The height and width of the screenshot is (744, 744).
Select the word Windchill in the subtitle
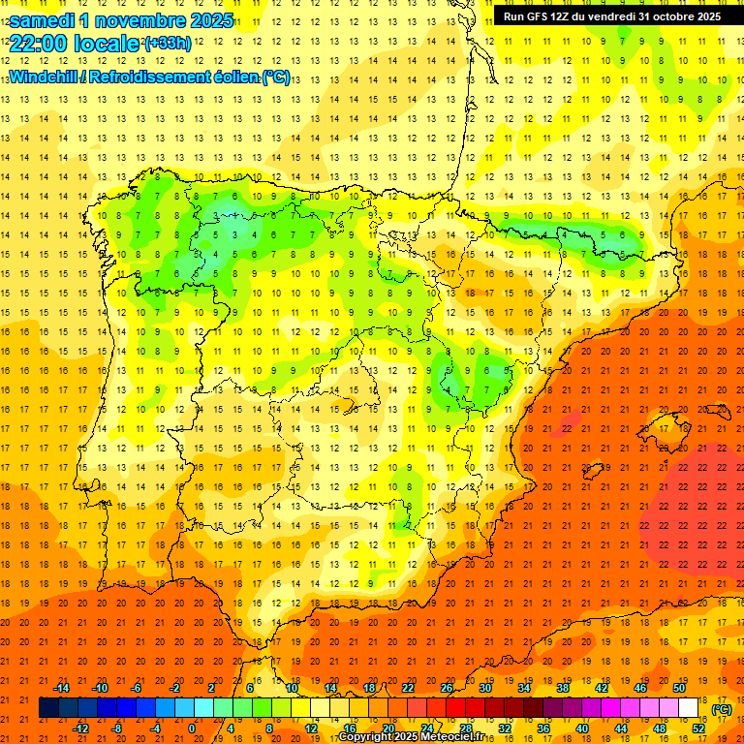[43, 77]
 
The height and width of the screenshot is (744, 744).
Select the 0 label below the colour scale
[191, 728]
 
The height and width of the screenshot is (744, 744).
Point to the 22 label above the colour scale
[407, 688]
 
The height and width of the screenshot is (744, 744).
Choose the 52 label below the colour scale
[698, 728]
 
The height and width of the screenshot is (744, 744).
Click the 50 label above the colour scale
[679, 688]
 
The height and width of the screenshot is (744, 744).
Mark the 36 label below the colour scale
[542, 728]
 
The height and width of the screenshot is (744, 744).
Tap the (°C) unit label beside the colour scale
[722, 710]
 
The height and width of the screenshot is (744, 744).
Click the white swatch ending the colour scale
[689, 708]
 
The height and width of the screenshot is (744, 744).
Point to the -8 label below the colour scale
[117, 728]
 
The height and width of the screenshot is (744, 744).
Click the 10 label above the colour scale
[291, 688]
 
